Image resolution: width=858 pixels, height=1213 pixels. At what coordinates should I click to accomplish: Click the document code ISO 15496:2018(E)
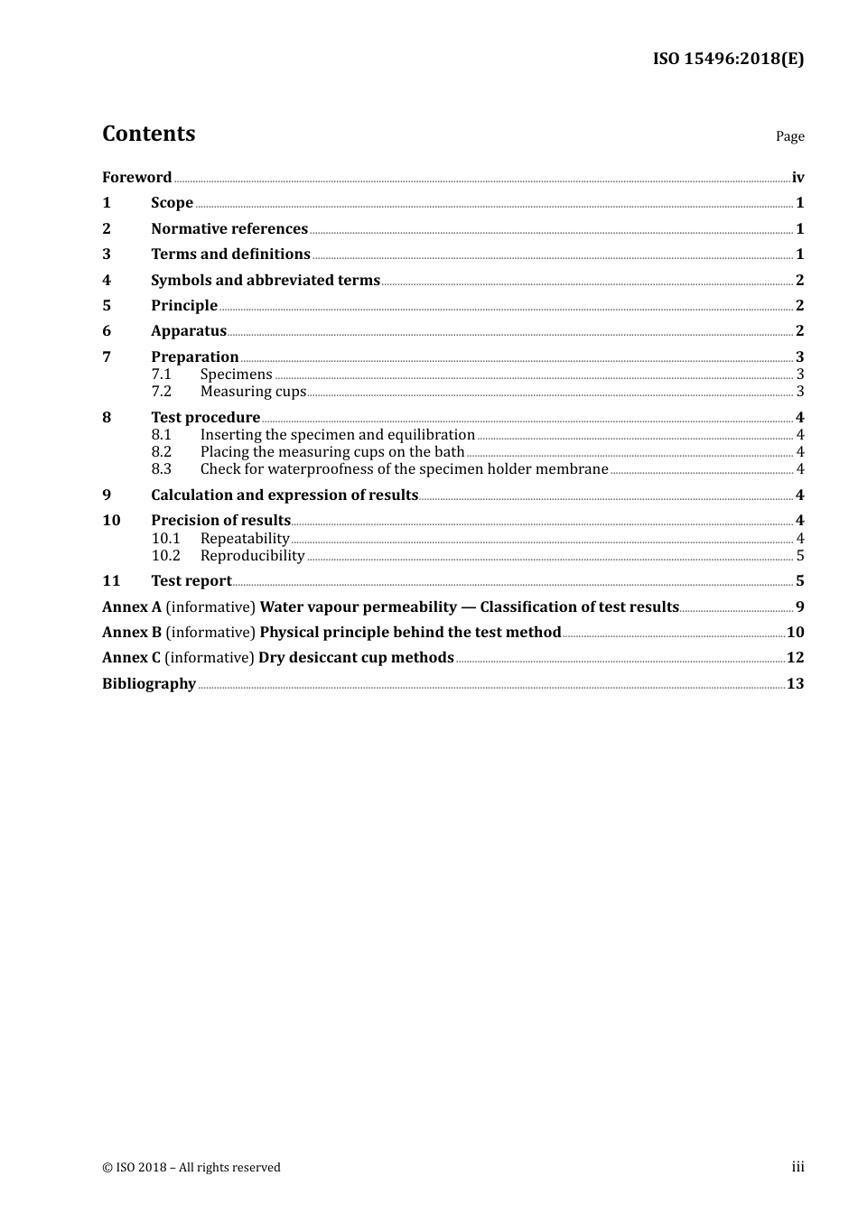728,60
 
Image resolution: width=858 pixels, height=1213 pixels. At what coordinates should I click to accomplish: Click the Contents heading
148,134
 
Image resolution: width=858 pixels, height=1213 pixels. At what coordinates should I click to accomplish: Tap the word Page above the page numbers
789,136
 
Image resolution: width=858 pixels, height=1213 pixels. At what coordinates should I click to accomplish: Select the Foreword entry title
136,178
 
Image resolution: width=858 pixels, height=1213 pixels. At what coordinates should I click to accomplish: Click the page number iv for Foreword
797,178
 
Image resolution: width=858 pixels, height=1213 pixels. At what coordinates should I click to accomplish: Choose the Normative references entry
229,229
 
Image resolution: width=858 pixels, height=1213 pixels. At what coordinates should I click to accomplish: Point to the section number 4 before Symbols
107,281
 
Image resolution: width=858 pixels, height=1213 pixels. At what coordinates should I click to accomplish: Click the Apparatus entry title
189,331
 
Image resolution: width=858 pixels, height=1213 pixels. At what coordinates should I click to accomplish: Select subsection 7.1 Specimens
236,375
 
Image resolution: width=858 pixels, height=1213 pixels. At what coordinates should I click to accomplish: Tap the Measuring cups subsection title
253,392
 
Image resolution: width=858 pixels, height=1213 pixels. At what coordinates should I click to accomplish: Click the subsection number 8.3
161,469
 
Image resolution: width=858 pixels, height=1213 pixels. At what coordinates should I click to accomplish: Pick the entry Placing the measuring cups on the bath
332,452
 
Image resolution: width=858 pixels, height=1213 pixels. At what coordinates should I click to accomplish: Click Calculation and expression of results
284,495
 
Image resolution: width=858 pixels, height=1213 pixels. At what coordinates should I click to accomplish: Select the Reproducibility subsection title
252,556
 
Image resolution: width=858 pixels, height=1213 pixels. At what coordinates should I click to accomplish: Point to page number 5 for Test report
800,581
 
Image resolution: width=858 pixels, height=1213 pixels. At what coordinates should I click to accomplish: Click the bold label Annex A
132,607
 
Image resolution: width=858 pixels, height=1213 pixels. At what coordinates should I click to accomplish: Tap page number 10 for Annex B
796,633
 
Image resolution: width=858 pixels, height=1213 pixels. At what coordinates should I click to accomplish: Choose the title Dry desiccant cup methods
356,658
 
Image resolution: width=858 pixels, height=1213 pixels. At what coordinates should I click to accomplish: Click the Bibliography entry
149,684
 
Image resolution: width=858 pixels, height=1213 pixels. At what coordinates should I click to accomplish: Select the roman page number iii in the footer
797,1167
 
